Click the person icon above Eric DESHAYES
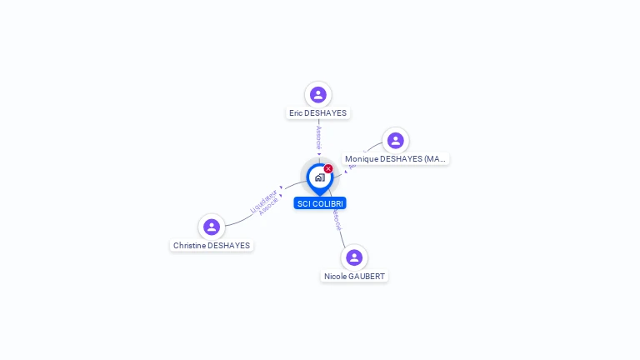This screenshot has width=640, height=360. click(317, 95)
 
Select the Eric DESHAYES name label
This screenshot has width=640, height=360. click(317, 113)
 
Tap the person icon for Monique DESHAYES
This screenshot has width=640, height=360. click(395, 141)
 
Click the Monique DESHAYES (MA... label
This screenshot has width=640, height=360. click(396, 159)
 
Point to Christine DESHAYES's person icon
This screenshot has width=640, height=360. click(212, 227)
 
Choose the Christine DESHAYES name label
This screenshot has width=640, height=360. click(212, 246)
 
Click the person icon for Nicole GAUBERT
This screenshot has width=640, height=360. click(354, 257)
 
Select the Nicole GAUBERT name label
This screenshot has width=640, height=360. click(354, 277)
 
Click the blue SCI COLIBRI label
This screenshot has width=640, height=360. click(320, 203)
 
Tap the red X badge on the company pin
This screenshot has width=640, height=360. click(328, 169)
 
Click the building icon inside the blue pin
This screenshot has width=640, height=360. click(319, 177)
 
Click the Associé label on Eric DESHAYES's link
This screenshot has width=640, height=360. click(318, 137)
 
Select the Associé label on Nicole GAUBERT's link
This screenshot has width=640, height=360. click(337, 219)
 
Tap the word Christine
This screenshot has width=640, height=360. click(189, 246)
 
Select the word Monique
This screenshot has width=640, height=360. click(362, 159)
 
